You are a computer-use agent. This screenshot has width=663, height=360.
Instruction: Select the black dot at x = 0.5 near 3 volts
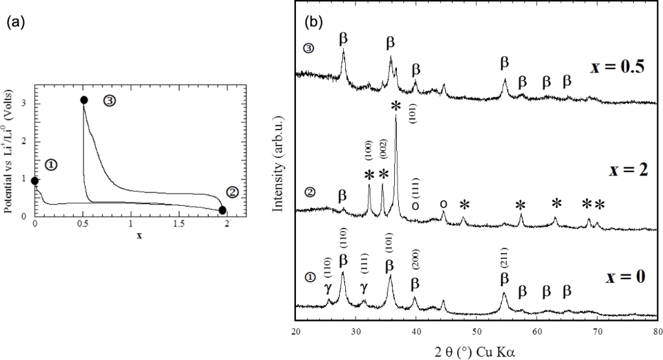(84, 100)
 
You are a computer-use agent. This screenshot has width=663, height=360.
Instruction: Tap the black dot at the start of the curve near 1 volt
(35, 181)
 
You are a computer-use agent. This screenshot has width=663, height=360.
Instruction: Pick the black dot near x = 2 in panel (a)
(223, 210)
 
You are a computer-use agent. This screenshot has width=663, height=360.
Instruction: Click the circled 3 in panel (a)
(109, 101)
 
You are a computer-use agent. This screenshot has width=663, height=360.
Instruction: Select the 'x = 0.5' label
(616, 67)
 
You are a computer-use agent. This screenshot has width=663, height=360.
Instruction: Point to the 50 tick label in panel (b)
(477, 332)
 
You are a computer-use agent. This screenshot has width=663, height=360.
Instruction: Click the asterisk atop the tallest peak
(395, 107)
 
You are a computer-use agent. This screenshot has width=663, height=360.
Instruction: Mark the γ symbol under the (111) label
(363, 287)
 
